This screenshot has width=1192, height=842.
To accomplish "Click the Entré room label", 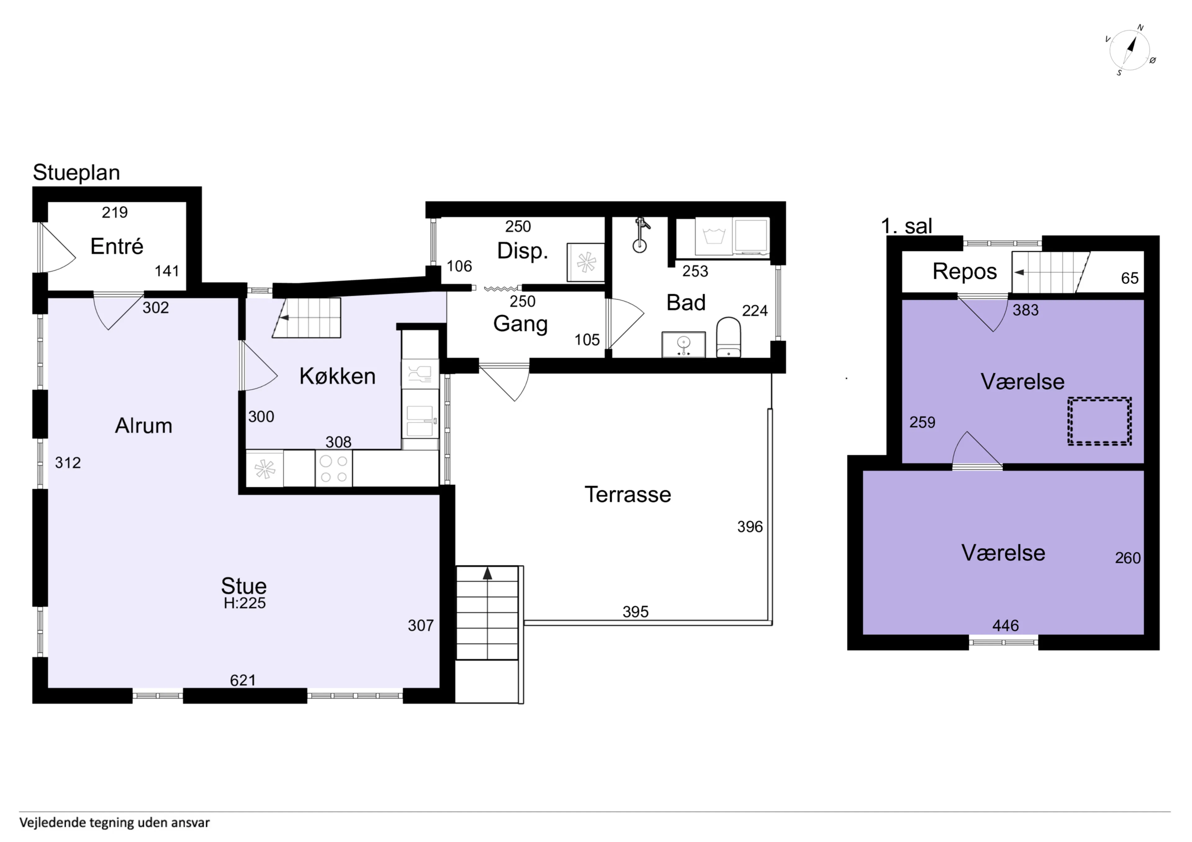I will point(117,247).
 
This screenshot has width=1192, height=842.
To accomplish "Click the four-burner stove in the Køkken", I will point(333,469).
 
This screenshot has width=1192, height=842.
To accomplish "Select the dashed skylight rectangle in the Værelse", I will point(1099,421).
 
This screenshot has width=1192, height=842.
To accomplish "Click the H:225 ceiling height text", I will point(245,603).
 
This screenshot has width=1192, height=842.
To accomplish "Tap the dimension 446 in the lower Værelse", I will point(1005,625).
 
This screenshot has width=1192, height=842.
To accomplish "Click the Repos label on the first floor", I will point(964,271).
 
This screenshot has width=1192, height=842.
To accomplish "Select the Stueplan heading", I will point(76,172).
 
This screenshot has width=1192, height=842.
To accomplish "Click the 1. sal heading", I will point(906,226).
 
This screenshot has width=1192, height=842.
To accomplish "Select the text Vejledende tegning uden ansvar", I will point(114,823).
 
